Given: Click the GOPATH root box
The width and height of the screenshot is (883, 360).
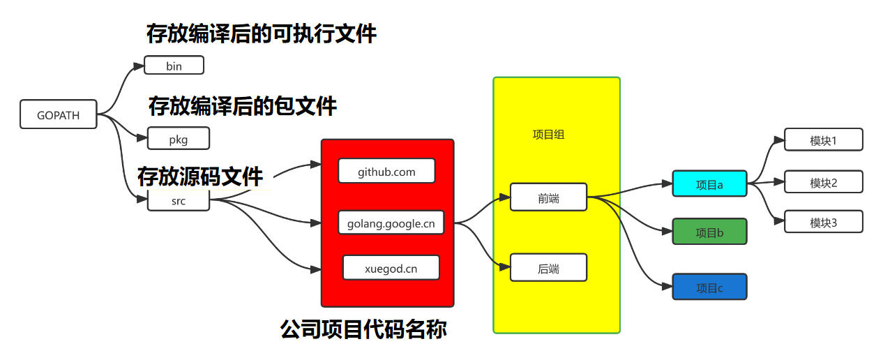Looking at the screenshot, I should tap(59, 115).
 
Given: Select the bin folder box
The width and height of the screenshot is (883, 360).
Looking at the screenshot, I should tap(174, 66).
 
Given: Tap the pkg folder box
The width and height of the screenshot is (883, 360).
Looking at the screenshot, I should tap(179, 139).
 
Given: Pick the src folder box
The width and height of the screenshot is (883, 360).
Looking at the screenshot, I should tap(179, 201).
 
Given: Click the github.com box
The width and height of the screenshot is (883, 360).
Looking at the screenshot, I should tap(386, 171).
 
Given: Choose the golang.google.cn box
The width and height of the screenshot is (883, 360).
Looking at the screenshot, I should tap(391, 223).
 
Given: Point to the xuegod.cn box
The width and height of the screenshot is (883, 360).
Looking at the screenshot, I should tap(391, 268).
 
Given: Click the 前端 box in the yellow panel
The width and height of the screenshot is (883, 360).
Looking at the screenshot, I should tap(548, 198).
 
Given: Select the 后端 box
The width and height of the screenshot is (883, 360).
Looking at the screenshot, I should tap(548, 268).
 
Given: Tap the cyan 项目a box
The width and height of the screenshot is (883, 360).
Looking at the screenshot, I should tap(709, 184).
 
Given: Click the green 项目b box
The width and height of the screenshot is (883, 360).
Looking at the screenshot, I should tap(709, 232).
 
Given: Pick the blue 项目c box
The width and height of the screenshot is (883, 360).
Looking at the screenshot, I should tap(709, 287).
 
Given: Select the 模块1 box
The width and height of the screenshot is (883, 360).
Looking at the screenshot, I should tap(823, 140).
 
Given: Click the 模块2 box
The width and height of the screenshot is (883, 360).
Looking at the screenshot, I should tap(823, 182).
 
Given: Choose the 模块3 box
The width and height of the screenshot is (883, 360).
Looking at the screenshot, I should tap(823, 222).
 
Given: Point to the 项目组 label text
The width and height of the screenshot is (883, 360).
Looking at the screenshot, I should tap(548, 135).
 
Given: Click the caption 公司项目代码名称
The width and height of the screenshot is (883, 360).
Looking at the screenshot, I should tap(363, 329).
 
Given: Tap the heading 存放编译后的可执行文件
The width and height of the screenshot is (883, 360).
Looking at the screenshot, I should tap(261, 33).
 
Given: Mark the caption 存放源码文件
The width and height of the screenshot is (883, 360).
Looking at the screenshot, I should tap(200, 176).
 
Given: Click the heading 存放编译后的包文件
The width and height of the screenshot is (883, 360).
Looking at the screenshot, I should tap(242, 106).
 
